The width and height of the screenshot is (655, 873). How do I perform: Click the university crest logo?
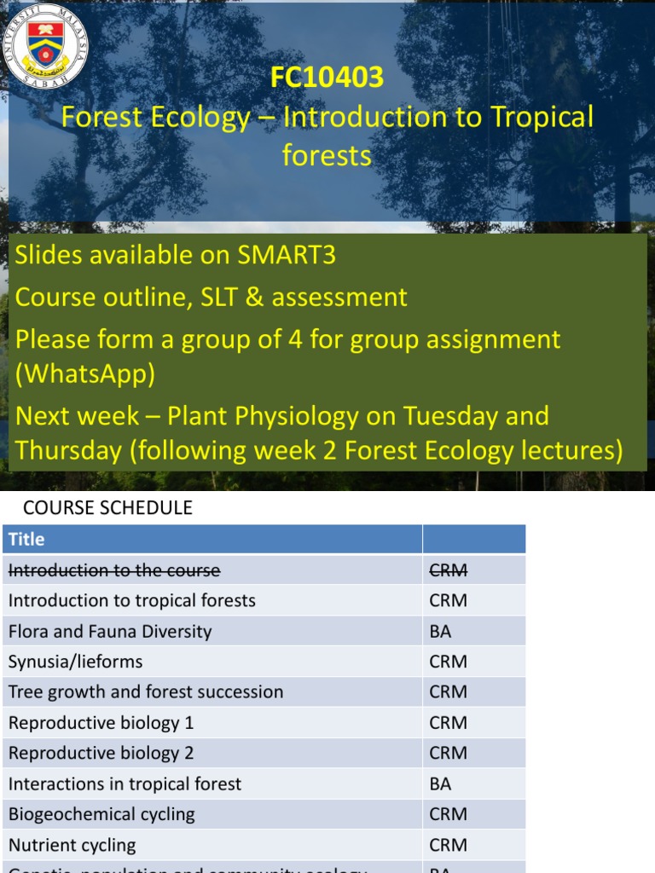click(x=46, y=44)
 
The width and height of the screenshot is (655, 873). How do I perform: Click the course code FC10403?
click(x=327, y=78)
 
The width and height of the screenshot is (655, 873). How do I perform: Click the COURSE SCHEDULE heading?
click(x=107, y=508)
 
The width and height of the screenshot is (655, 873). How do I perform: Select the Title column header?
click(x=26, y=539)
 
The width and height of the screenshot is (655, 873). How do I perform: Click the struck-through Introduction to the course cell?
click(x=114, y=569)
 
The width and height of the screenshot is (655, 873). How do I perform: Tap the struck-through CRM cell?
click(x=449, y=569)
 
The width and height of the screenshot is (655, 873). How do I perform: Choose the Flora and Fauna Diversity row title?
click(x=110, y=631)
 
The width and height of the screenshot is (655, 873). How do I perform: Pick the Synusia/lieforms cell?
click(x=76, y=662)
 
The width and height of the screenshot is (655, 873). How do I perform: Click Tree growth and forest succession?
click(x=146, y=691)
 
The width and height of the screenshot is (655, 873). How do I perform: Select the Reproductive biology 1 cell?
click(x=101, y=722)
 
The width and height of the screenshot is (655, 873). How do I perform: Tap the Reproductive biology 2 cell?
click(x=101, y=753)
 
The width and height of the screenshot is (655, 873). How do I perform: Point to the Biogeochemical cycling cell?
click(x=101, y=814)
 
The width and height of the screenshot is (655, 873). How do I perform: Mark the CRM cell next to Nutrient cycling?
click(x=449, y=845)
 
